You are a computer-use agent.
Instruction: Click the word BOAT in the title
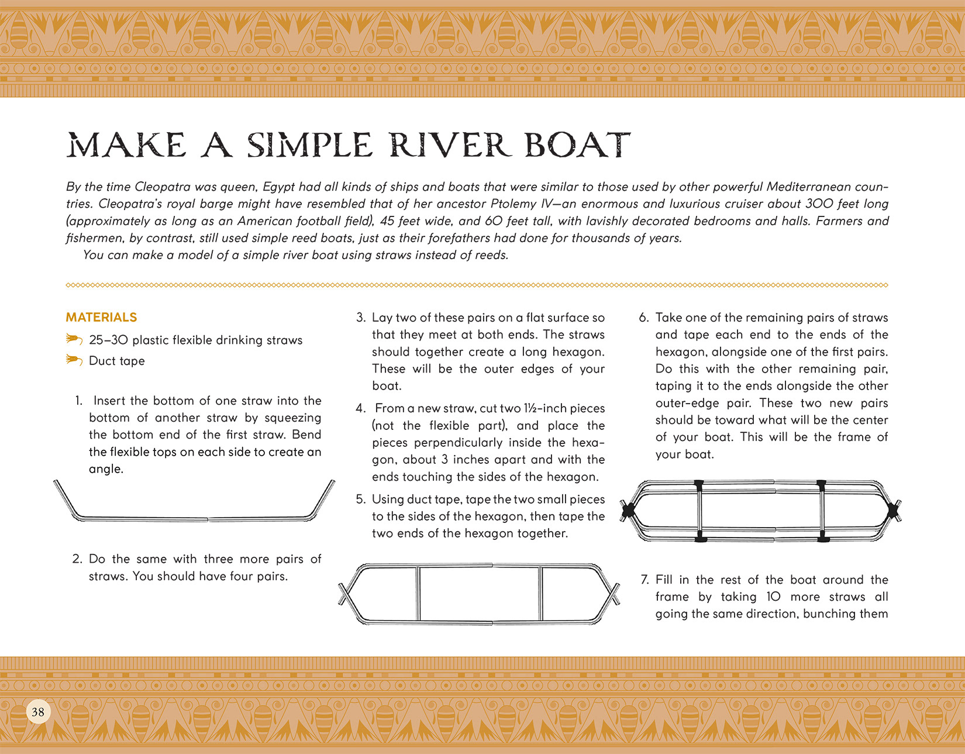[x=577, y=144]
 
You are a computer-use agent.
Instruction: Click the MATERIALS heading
[x=101, y=317]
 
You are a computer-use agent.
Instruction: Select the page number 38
[x=38, y=712]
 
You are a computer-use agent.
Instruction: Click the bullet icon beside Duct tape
[x=74, y=360]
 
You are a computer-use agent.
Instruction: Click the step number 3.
[x=361, y=318]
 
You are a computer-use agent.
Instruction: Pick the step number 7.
[x=645, y=580]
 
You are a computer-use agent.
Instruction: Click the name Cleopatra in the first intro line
[x=163, y=187]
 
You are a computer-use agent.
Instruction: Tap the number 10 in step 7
[x=774, y=597]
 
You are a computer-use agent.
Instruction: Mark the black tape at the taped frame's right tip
[x=894, y=511]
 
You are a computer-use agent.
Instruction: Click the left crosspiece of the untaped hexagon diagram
[x=418, y=594]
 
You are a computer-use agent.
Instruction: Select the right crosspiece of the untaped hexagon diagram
[x=540, y=594]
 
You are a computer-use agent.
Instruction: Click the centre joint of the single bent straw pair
[x=208, y=519]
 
